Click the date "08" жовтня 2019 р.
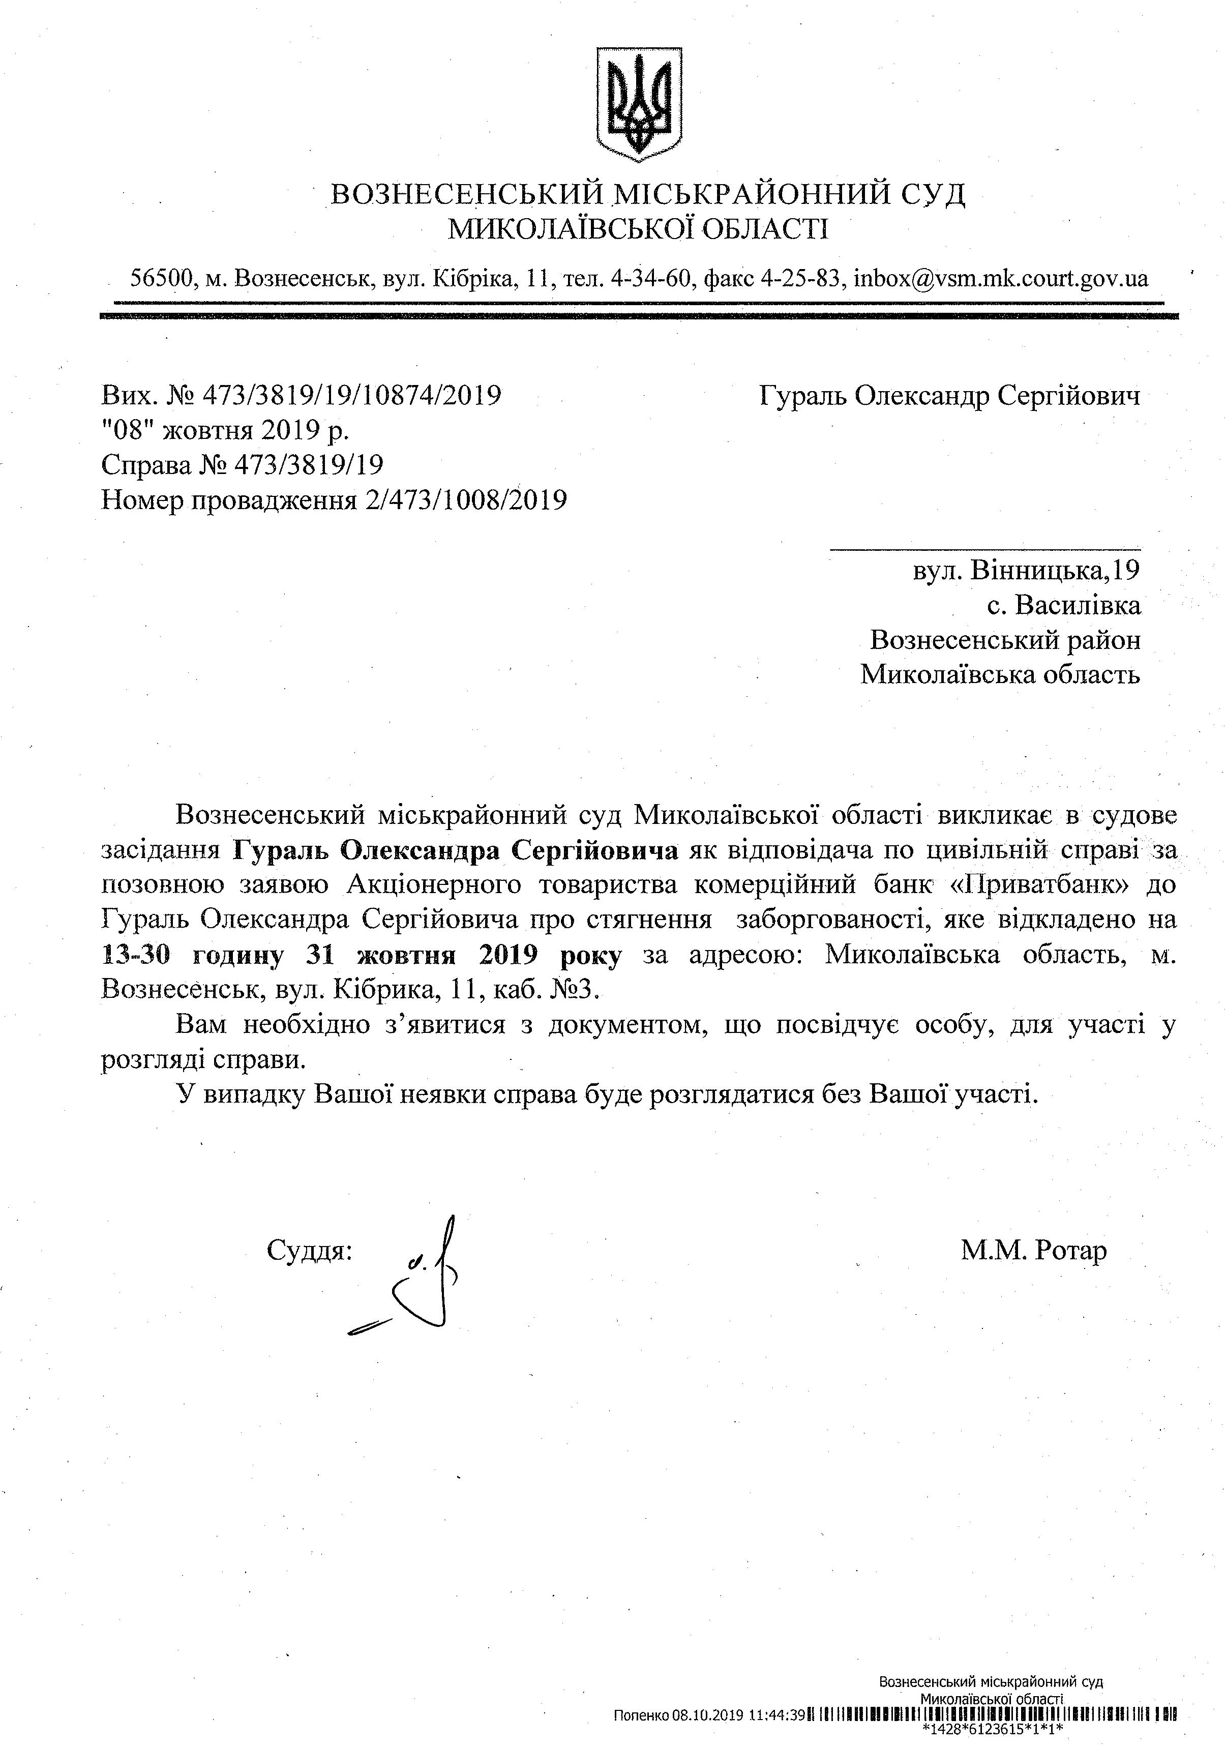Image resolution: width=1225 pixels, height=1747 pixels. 225,431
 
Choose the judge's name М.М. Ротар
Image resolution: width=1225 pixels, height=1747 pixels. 1033,1250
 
